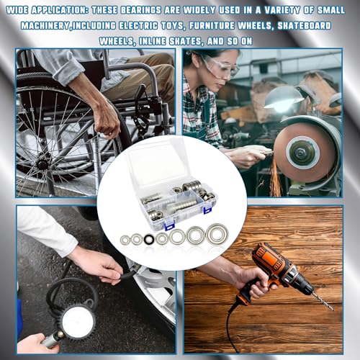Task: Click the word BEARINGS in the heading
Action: click(x=141, y=10)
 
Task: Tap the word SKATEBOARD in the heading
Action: click(x=305, y=26)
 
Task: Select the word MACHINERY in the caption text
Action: click(x=45, y=26)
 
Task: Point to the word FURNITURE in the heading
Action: click(x=212, y=26)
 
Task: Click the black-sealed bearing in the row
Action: click(x=149, y=239)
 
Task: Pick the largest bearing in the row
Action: click(x=217, y=233)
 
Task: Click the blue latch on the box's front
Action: click(x=171, y=225)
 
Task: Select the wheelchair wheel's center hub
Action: click(x=42, y=164)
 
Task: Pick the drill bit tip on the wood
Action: click(x=333, y=310)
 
